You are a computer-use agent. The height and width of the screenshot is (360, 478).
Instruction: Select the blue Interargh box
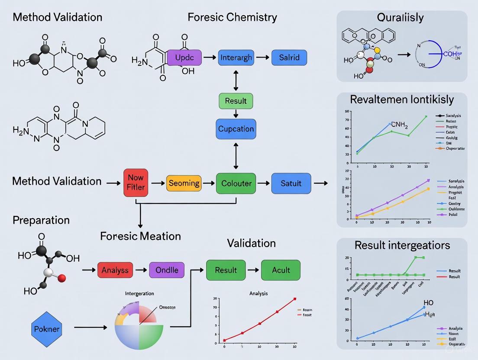(x=236, y=58)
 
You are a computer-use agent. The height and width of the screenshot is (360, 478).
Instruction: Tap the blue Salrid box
(x=289, y=58)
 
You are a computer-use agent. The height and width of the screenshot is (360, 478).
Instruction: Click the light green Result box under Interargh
(x=236, y=101)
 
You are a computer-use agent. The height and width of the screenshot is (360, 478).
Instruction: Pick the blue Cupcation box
(x=236, y=129)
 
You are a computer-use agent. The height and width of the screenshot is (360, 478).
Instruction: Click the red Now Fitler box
(x=136, y=183)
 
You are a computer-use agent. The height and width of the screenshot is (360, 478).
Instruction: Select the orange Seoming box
(x=184, y=183)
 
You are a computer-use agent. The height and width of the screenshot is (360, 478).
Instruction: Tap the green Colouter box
(x=236, y=183)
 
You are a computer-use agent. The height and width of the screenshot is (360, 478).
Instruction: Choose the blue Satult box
(x=291, y=183)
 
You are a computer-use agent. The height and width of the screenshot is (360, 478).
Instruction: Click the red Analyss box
(x=115, y=270)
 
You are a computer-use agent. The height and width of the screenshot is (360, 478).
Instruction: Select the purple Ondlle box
(x=167, y=270)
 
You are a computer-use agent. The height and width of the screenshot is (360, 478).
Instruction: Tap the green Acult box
(x=281, y=270)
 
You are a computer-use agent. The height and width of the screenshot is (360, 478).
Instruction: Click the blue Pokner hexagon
(x=46, y=329)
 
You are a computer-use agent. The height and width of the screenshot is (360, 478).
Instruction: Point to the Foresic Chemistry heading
(x=232, y=17)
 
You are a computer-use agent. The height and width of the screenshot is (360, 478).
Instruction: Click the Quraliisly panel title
(x=400, y=18)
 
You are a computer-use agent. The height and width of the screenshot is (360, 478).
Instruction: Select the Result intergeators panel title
(x=402, y=245)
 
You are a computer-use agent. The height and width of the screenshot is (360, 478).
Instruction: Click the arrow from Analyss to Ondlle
(x=141, y=270)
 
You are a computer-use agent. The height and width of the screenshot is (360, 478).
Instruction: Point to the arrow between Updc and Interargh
(x=210, y=58)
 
